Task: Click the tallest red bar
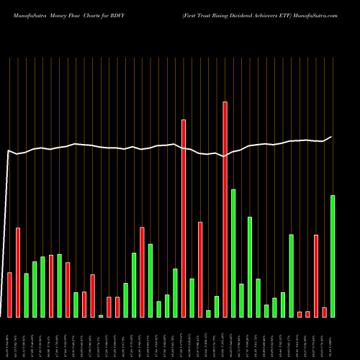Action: [x=225, y=209]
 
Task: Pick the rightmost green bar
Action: [x=333, y=256]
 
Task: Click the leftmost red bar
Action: [x=9, y=294]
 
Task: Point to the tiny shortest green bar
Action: [x=101, y=315]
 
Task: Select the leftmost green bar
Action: [x=26, y=295]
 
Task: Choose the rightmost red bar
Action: [x=325, y=312]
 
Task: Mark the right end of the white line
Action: [x=332, y=137]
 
